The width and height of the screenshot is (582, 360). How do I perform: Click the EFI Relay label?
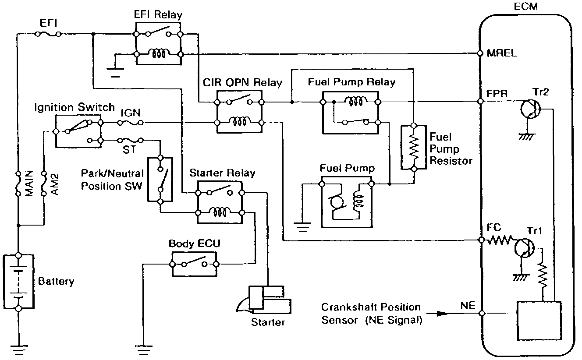pyautogui.click(x=158, y=15)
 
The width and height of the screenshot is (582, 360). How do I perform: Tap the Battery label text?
pyautogui.click(x=56, y=281)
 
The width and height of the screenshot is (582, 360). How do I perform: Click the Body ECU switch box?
pyautogui.click(x=194, y=264)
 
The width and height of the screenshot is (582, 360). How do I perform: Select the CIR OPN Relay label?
pyautogui.click(x=242, y=82)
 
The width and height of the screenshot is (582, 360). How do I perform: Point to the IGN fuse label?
pyautogui.click(x=130, y=113)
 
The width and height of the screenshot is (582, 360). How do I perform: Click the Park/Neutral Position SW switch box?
pyautogui.click(x=160, y=180)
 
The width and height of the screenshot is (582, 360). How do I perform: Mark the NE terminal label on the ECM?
pyautogui.click(x=467, y=306)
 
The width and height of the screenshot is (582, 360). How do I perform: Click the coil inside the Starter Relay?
pyautogui.click(x=219, y=212)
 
